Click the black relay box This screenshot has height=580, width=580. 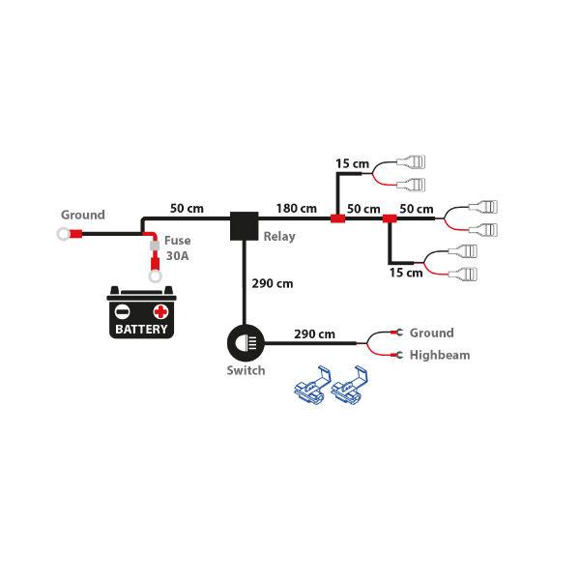243,226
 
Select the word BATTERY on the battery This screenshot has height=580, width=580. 142,329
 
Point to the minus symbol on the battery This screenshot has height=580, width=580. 124,311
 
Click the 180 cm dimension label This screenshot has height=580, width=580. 296,208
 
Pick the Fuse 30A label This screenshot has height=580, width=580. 177,248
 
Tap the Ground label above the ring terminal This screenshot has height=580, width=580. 83,215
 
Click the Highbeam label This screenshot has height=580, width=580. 440,355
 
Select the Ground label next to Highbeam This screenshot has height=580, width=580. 431,333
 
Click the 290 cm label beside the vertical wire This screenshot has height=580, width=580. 272,284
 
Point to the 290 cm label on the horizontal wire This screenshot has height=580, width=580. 314,334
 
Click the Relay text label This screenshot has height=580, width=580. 279,236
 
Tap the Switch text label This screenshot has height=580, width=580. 246,370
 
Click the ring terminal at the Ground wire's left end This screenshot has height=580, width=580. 63,233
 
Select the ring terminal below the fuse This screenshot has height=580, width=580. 154,277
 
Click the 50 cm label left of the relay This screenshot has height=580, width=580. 187,208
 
